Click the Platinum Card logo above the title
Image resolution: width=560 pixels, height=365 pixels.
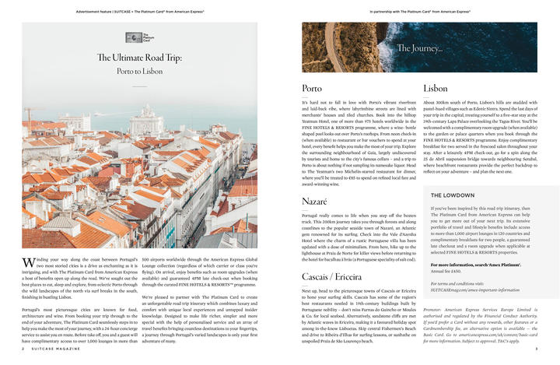tap(141, 37)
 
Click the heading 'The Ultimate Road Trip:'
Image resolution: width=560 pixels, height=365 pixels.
tap(140, 57)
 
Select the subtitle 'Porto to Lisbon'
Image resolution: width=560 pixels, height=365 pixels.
tap(140, 70)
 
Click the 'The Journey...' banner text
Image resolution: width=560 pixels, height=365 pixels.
tap(421, 49)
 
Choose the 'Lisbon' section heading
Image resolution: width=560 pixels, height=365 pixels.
tap(435, 89)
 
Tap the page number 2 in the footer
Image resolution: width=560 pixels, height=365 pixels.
tap(23, 349)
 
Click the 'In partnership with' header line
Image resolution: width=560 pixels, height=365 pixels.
tap(419, 12)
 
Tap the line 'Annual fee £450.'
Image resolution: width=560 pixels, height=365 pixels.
tap(445, 270)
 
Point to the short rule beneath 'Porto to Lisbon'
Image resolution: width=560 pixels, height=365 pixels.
tap(140, 85)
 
